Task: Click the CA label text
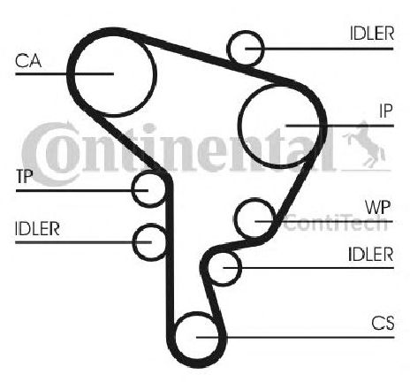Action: pyautogui.click(x=28, y=61)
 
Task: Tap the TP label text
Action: pyautogui.click(x=24, y=176)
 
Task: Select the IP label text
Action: pyautogui.click(x=386, y=111)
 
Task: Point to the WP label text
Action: pyautogui.click(x=378, y=208)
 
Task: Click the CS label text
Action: pyautogui.click(x=383, y=323)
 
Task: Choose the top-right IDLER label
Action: pyautogui.click(x=372, y=34)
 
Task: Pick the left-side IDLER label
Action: pyautogui.click(x=37, y=228)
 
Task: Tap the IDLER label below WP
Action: pyautogui.click(x=370, y=254)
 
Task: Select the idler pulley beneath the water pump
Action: pyautogui.click(x=241, y=267)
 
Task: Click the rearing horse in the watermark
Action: pyautogui.click(x=365, y=143)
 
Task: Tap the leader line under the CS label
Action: pyautogui.click(x=295, y=337)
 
